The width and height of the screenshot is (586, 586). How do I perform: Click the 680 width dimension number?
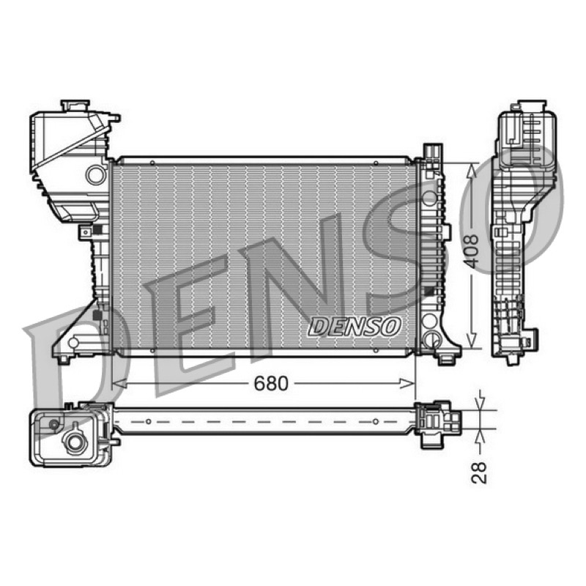(271, 383)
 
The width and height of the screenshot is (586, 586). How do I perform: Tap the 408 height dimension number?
(471, 251)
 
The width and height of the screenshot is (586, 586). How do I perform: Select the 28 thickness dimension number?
(479, 472)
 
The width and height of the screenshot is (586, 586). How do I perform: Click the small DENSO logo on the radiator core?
(354, 326)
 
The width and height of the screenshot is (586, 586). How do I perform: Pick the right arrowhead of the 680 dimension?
(407, 383)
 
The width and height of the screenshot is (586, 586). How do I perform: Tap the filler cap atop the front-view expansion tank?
(75, 105)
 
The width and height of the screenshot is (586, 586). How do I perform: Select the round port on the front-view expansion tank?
(96, 175)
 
